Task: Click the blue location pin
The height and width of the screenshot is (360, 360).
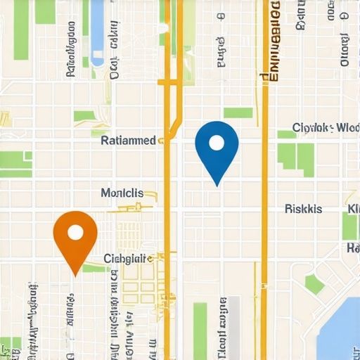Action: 217,148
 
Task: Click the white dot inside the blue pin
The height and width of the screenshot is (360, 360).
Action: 217,143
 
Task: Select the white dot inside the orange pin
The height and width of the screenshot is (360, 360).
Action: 75,233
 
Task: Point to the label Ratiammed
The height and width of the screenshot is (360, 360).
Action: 129,141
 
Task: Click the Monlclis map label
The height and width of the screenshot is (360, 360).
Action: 122,193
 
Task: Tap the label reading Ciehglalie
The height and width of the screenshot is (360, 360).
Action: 128,258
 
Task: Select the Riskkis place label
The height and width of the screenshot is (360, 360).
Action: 304,209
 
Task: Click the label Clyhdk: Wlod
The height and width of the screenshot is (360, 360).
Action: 325,128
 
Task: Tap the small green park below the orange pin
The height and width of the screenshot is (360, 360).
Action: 94,268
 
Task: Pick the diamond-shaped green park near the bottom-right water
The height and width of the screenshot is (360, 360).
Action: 314,284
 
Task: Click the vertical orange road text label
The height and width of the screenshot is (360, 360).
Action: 274,42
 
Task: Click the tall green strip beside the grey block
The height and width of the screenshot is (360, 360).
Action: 201,330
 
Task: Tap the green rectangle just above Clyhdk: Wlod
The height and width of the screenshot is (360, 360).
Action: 238,112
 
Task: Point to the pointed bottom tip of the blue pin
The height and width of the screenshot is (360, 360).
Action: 217,184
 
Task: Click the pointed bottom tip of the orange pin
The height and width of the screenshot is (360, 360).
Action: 75,274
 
